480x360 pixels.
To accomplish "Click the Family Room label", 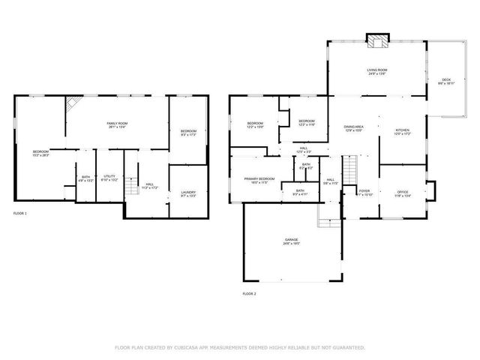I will click(x=116, y=124).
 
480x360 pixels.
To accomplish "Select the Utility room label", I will click(x=109, y=178).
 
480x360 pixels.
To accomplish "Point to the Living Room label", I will click(x=376, y=71).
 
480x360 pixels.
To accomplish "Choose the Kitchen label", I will click(x=402, y=131).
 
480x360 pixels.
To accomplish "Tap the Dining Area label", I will click(x=353, y=129).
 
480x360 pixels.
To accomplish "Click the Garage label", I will click(x=291, y=241).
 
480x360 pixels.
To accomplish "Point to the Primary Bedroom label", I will click(x=259, y=180).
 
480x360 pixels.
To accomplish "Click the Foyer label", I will click(x=364, y=193).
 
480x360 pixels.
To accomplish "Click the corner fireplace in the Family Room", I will click(x=73, y=103).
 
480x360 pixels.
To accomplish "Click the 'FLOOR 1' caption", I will click(x=21, y=214).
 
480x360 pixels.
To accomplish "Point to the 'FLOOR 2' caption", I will click(x=249, y=292).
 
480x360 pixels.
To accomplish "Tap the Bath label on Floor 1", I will click(x=85, y=178).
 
